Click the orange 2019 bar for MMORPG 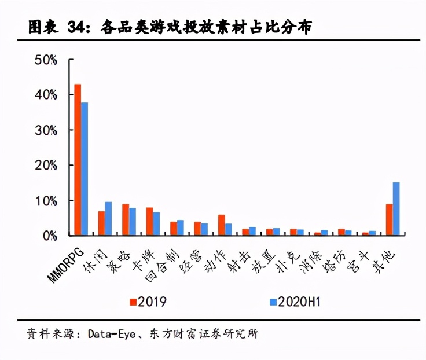pos(78,160)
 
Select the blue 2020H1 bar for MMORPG pos(85,169)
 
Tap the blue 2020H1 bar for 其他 pos(396,209)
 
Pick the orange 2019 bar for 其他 pos(390,219)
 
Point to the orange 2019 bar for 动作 pos(222,225)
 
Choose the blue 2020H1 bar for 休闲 pos(108,218)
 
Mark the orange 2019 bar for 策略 pos(126,219)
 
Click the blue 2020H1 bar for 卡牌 pos(156,223)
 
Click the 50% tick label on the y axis pos(46,60)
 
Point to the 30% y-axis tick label pos(46,130)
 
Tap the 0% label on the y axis pos(50,236)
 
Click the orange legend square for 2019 pos(133,302)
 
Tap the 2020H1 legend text pos(299,302)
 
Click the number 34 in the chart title pos(75,27)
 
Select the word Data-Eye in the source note pos(111,334)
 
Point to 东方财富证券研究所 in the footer pos(204,333)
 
